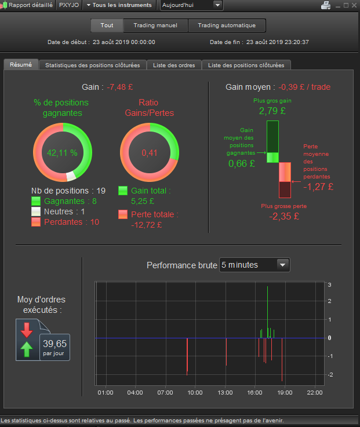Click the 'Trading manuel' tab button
pos(155,25)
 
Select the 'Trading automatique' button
pos(227,25)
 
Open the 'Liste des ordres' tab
pos(174,65)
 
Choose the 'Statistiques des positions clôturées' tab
pos(93,65)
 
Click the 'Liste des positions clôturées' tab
pos(246,65)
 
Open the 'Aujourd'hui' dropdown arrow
pos(217,5)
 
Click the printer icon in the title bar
pos(326,5)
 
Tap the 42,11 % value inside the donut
pos(62,153)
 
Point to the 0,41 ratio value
pos(150,153)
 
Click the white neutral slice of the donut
pos(71,176)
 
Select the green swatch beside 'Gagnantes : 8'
pos(36,201)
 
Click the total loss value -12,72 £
pos(146,225)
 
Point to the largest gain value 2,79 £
pos(272,111)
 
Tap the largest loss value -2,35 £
pos(284,216)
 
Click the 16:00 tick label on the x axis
pos(255,393)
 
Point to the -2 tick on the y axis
pos(330,375)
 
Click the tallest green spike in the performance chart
pos(268,312)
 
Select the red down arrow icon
pos(27,330)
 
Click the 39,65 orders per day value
pos(54,344)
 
